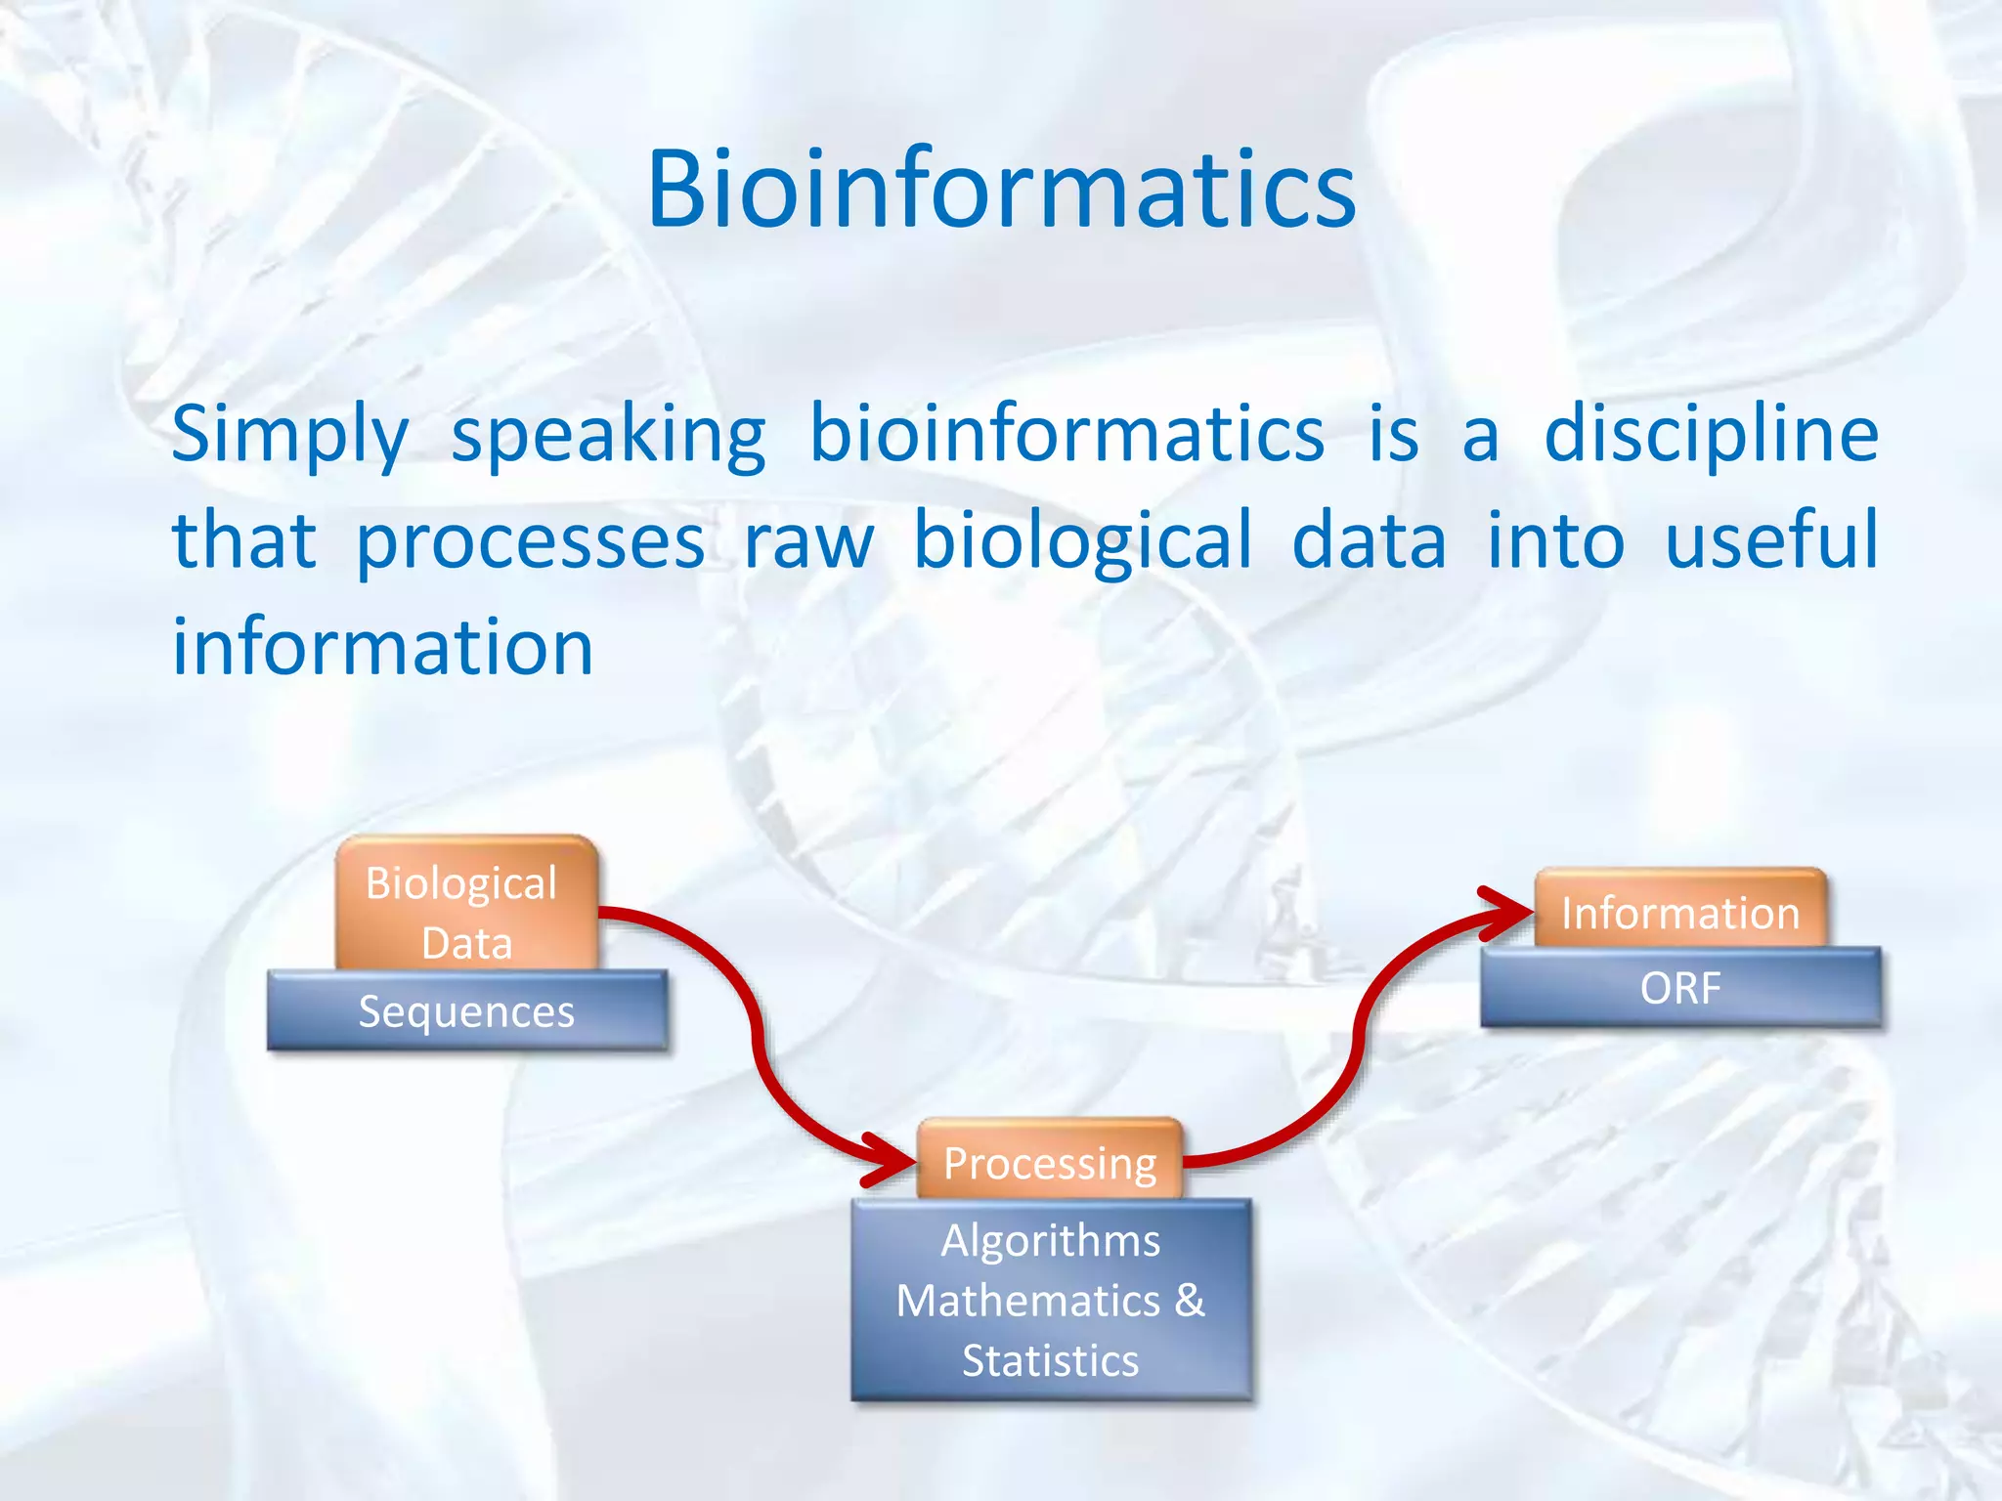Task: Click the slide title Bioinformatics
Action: coord(1001,190)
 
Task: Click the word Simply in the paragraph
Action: coord(289,436)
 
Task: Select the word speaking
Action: coord(608,436)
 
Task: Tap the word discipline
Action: coord(1711,434)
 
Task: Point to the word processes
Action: coord(529,543)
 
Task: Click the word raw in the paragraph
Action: coord(808,543)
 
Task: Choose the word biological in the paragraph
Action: coord(1081,543)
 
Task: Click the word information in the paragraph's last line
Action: coord(382,647)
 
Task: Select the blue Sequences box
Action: coord(466,1011)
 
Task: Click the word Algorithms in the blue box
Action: coord(1050,1241)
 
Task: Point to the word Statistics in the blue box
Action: coord(1050,1361)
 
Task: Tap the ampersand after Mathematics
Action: coord(1190,1301)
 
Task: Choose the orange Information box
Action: coord(1679,912)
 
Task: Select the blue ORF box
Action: coord(1679,988)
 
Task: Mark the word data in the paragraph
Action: coord(1369,543)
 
